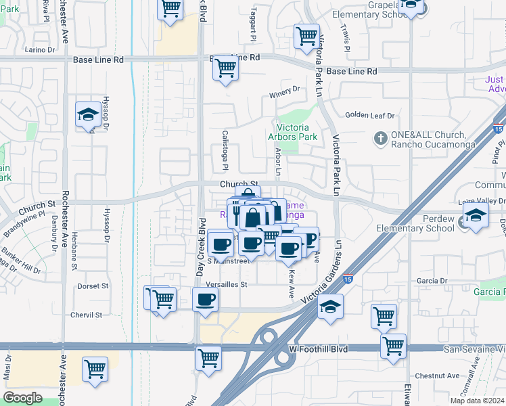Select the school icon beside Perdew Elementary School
476,217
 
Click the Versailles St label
227,284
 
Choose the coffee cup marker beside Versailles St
206,299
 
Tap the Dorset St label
93,286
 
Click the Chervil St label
87,315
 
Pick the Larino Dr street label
39,49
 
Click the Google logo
22,398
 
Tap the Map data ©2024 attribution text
476,401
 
